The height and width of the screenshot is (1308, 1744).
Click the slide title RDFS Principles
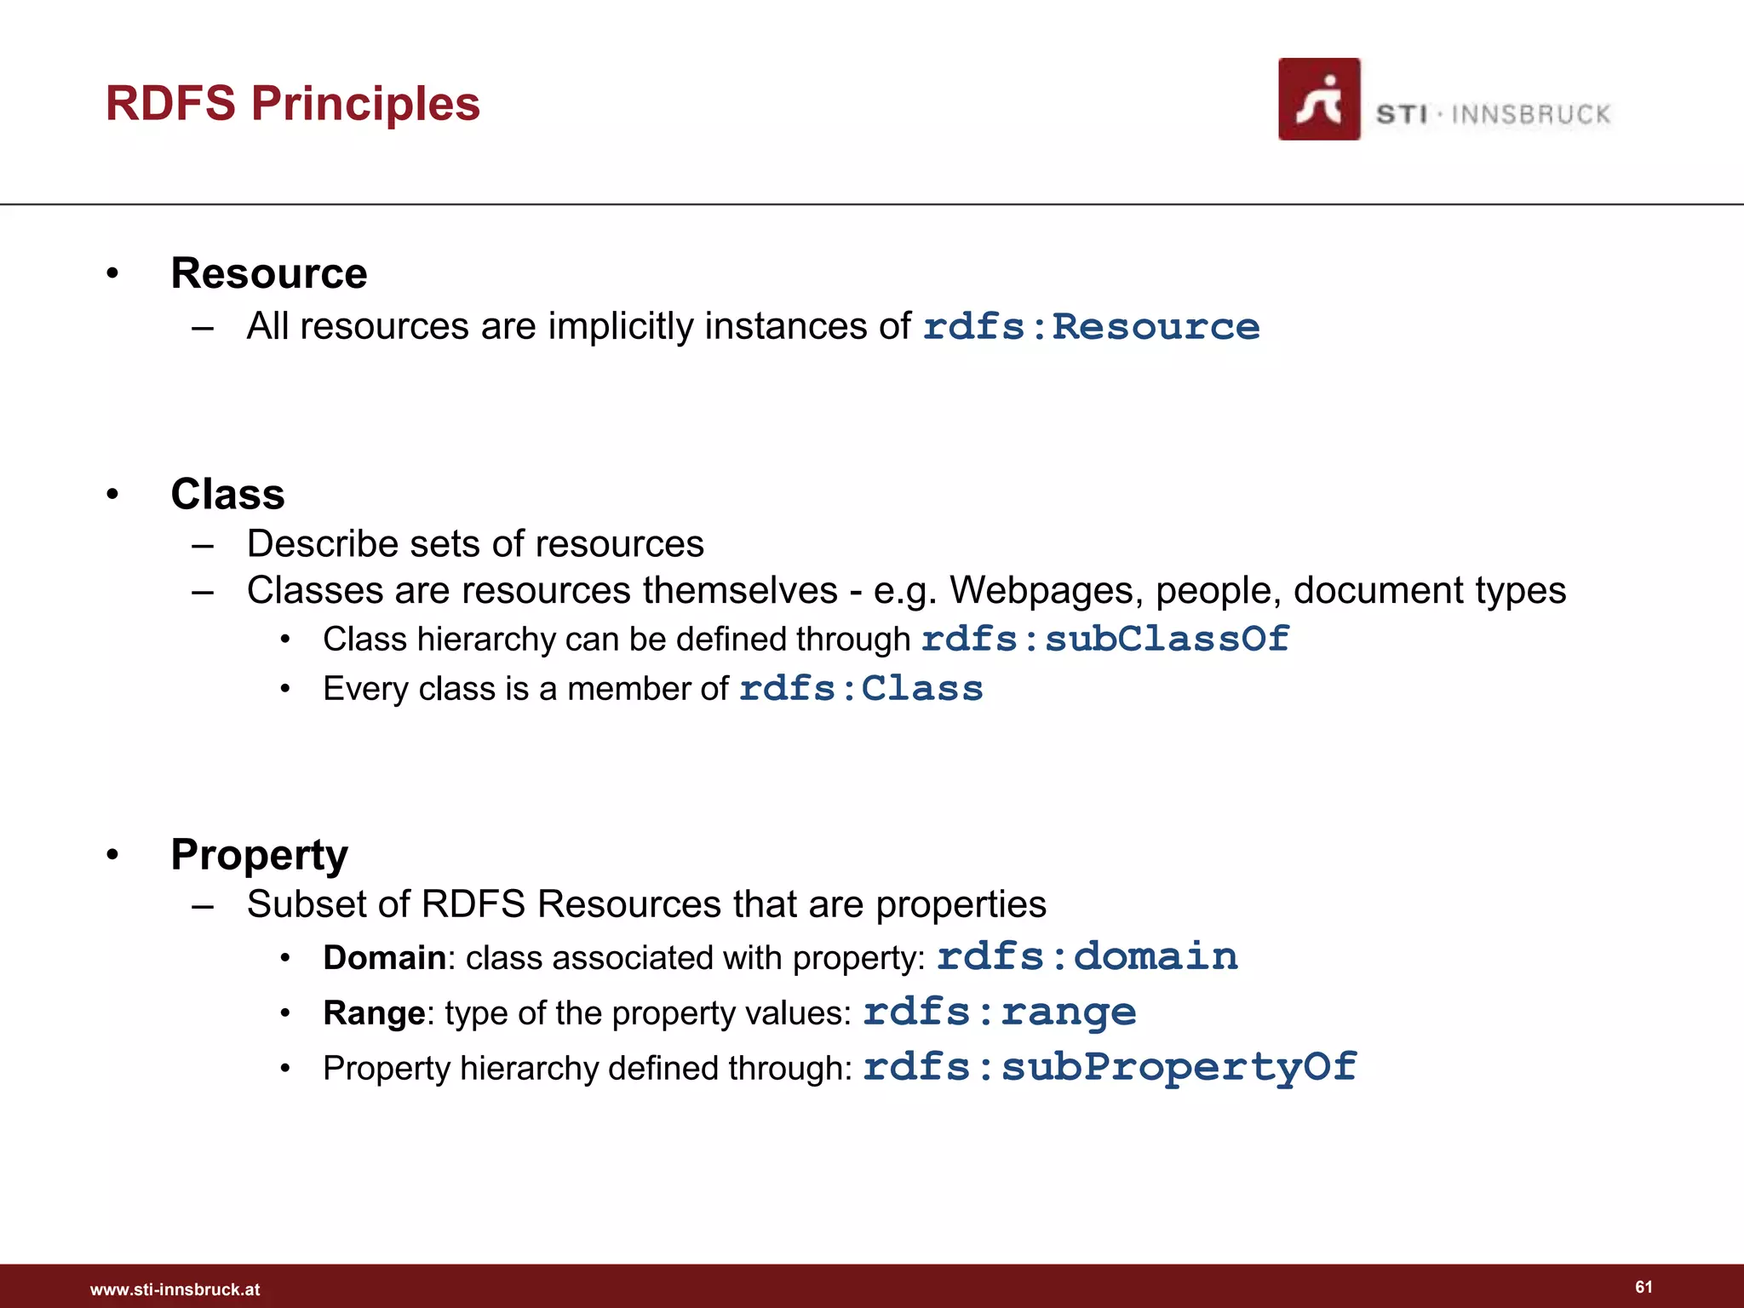coord(293,104)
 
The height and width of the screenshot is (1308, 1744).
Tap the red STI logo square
coord(1318,100)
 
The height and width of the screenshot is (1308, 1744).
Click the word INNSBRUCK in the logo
coord(1530,115)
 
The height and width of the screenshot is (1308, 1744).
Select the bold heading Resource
coord(268,273)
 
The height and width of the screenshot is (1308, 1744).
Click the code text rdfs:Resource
coord(1091,327)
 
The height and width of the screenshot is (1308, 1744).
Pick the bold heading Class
coord(227,494)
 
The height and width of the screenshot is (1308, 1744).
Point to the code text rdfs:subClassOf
coord(1104,640)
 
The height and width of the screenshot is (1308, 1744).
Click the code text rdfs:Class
coord(861,689)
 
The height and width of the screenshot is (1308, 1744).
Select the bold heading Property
coord(259,855)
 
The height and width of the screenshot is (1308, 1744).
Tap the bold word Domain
coord(384,958)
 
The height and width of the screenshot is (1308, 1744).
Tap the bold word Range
coord(374,1013)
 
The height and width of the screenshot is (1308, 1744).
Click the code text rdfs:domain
coord(1087,957)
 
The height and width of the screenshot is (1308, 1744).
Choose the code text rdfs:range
coord(999,1013)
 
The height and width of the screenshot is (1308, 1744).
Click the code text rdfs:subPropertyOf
coord(1109,1067)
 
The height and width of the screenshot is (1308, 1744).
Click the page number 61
coord(1644,1287)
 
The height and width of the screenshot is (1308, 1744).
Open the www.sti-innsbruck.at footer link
coord(175,1289)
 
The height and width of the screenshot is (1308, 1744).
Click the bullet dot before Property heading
coord(112,855)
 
